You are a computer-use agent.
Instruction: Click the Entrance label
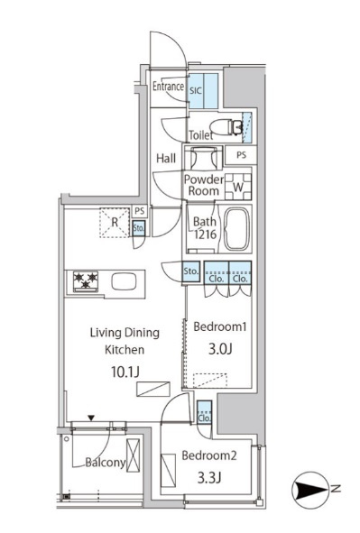[x=168, y=87]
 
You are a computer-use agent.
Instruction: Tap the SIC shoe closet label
[x=196, y=91]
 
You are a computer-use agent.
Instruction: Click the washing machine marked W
[x=238, y=187]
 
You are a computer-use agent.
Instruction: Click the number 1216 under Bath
[x=206, y=234]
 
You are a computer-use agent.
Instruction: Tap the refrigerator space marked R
[x=115, y=223]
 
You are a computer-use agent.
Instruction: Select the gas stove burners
[x=86, y=281]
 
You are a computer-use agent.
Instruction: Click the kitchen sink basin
[x=125, y=281]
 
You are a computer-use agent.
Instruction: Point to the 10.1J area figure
[x=125, y=372]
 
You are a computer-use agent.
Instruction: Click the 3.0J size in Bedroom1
[x=220, y=349]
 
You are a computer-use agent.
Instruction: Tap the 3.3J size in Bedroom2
[x=209, y=478]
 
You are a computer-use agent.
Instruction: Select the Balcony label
[x=106, y=463]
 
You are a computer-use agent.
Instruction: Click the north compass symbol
[x=310, y=491]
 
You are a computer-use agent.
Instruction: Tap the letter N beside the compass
[x=336, y=489]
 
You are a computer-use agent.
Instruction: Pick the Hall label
[x=166, y=158]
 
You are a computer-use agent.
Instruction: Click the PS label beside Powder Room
[x=241, y=155]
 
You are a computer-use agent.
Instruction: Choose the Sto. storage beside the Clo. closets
[x=190, y=271]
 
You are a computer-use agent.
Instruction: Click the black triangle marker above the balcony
[x=91, y=418]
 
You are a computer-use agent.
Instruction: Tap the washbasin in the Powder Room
[x=204, y=158]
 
